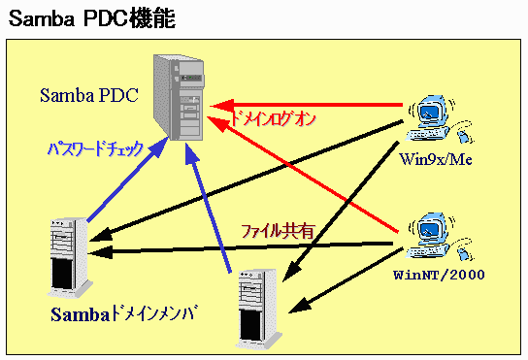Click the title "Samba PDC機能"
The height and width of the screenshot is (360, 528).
tap(91, 18)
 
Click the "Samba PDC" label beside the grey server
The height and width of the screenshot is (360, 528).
tap(89, 95)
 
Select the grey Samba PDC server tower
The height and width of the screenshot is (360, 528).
tap(179, 97)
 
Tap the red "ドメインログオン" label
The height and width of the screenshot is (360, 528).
tap(273, 118)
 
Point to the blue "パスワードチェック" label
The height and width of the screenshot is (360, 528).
tap(96, 148)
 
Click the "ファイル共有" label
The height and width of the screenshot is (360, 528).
tap(278, 231)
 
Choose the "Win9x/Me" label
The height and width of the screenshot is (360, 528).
tap(436, 159)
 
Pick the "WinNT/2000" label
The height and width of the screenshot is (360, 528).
tap(439, 275)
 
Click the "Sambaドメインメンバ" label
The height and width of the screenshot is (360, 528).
tap(123, 314)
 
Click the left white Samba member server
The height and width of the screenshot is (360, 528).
tap(70, 258)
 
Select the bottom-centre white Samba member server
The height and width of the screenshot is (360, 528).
tap(258, 310)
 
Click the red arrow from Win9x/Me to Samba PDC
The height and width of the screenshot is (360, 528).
tap(306, 106)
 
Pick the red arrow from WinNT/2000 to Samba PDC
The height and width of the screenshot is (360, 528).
tap(303, 174)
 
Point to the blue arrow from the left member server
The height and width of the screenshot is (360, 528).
tap(127, 180)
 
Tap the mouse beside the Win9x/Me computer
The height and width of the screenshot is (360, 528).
tap(464, 132)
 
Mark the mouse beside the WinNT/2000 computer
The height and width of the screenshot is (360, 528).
tap(464, 249)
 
